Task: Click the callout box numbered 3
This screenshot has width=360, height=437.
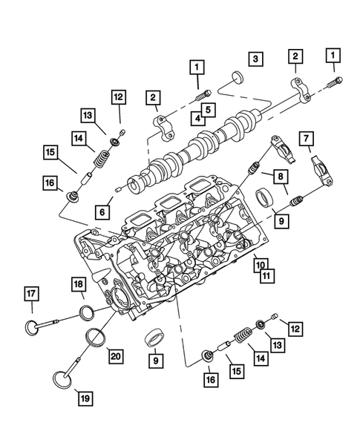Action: (x=254, y=58)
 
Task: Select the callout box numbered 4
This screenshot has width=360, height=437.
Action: (x=199, y=117)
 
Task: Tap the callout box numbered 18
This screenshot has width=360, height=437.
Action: (x=78, y=285)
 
